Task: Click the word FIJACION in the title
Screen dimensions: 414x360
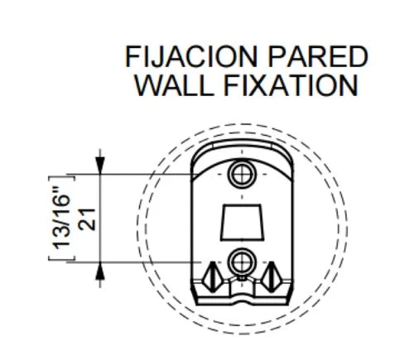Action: pyautogui.click(x=191, y=57)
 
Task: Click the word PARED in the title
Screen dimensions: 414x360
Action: pyautogui.click(x=318, y=57)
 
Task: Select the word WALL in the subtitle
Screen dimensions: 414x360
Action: pyautogui.click(x=175, y=85)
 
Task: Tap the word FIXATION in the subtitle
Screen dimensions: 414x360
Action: pyautogui.click(x=291, y=85)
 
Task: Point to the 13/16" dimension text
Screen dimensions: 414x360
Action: pyautogui.click(x=61, y=218)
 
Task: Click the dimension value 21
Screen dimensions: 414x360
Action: pyautogui.click(x=86, y=219)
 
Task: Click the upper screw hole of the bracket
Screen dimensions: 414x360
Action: pyautogui.click(x=242, y=175)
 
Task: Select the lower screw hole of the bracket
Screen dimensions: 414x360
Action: pyautogui.click(x=242, y=262)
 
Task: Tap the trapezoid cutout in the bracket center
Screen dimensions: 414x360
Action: pyautogui.click(x=242, y=223)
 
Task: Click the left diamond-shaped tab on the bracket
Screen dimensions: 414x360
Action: pyautogui.click(x=212, y=277)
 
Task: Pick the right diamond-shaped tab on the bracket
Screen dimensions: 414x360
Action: pyautogui.click(x=272, y=277)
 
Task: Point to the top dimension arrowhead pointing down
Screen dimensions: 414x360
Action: pyautogui.click(x=100, y=166)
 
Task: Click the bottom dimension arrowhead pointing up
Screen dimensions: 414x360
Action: pyautogui.click(x=100, y=271)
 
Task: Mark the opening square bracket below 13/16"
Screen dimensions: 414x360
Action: pyautogui.click(x=61, y=257)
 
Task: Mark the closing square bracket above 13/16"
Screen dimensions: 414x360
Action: pyautogui.click(x=61, y=178)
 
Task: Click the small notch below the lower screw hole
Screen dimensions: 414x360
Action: pyautogui.click(x=242, y=278)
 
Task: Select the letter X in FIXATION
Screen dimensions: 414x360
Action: pyautogui.click(x=254, y=85)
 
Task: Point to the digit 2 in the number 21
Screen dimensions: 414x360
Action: pyautogui.click(x=86, y=225)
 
